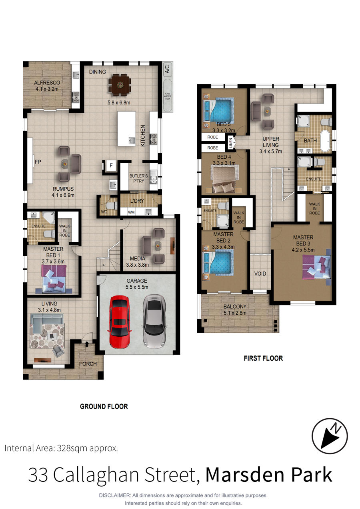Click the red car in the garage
pos(120,322)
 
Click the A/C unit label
pos(167,69)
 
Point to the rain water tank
pos(168,96)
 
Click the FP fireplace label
pos(38,162)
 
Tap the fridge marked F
pos(111,166)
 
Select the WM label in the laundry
pos(131,212)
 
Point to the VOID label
pos(260,273)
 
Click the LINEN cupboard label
pos(231,143)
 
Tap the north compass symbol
pos(330,436)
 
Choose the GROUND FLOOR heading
pos(104,406)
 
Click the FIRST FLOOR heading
pos(263,358)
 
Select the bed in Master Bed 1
pos(54,279)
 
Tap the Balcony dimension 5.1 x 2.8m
pos(235,313)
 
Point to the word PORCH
pos(88,364)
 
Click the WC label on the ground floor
pos(104,212)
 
